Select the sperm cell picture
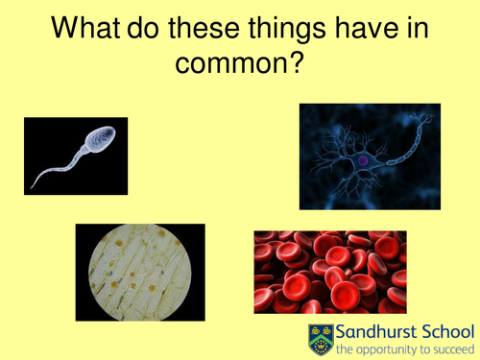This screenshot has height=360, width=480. click(x=75, y=156)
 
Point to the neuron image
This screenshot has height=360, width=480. click(x=369, y=156)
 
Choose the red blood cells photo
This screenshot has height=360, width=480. click(x=329, y=274)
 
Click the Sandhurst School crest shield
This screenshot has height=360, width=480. click(x=320, y=339)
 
